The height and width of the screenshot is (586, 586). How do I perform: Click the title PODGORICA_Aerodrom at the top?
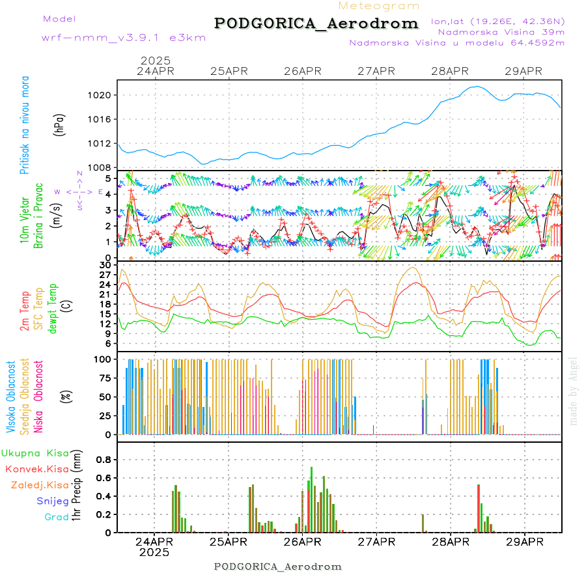[316, 23]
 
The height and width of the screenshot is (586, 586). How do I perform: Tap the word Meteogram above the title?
[380, 6]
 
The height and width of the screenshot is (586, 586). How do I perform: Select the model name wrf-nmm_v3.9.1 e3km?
[105, 38]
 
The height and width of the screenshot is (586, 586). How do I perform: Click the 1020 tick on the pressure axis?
[103, 95]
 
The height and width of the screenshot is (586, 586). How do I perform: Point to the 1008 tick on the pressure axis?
[103, 167]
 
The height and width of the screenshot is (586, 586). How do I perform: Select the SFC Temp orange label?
[38, 308]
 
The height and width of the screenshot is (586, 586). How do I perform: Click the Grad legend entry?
[56, 517]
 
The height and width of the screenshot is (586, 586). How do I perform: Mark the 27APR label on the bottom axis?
[376, 541]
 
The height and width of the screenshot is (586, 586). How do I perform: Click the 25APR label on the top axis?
[229, 71]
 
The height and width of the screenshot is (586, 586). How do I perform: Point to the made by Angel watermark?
[574, 391]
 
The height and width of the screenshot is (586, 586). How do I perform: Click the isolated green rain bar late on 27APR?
[423, 523]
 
